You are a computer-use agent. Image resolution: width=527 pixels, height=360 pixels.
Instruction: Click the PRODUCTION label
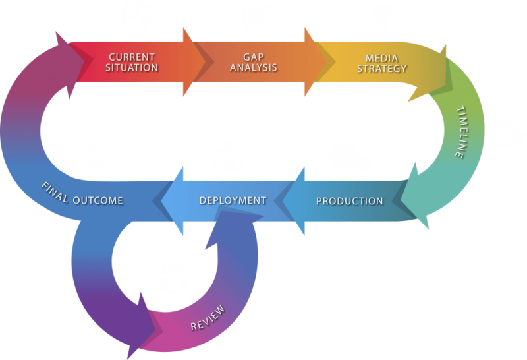[349, 201]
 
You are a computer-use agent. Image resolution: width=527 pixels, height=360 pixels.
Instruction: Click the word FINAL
[55, 192]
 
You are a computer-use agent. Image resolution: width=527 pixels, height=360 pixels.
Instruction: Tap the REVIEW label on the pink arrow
[208, 318]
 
